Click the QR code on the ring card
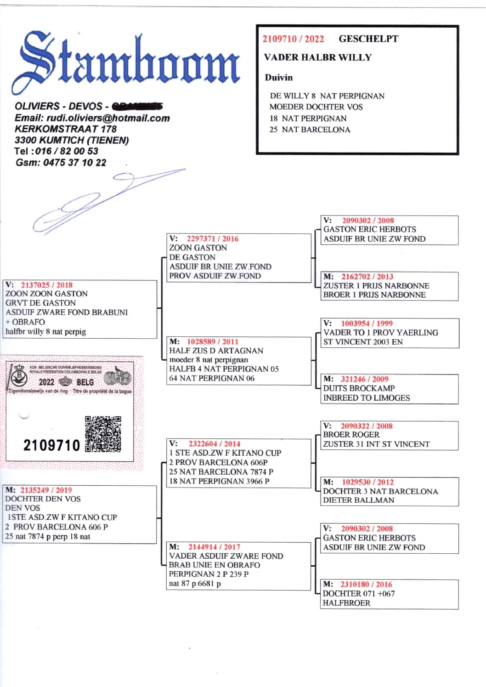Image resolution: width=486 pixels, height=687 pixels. click(x=103, y=434)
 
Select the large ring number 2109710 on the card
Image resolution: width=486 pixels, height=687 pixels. click(x=51, y=445)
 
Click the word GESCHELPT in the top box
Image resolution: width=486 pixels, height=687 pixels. click(x=368, y=39)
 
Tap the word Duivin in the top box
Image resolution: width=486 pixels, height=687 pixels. click(x=278, y=78)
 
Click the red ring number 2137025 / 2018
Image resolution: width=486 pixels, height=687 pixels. click(x=46, y=285)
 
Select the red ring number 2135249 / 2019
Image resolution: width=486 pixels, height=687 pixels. click(x=46, y=490)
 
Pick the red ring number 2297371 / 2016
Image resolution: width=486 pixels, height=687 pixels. click(x=212, y=238)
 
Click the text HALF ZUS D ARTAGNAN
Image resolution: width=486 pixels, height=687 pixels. click(x=216, y=351)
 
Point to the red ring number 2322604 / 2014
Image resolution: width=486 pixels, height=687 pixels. click(x=214, y=443)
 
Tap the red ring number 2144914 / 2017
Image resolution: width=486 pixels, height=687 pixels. click(x=214, y=547)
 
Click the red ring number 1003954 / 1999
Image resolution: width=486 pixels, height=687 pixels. click(x=367, y=323)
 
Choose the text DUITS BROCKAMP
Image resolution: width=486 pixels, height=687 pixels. click(x=359, y=388)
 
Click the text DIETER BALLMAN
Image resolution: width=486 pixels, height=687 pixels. click(x=358, y=500)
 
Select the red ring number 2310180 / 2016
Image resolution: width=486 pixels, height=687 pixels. click(x=366, y=584)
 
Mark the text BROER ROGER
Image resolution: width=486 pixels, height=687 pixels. click(x=351, y=435)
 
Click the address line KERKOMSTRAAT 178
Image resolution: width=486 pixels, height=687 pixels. click(x=65, y=129)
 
